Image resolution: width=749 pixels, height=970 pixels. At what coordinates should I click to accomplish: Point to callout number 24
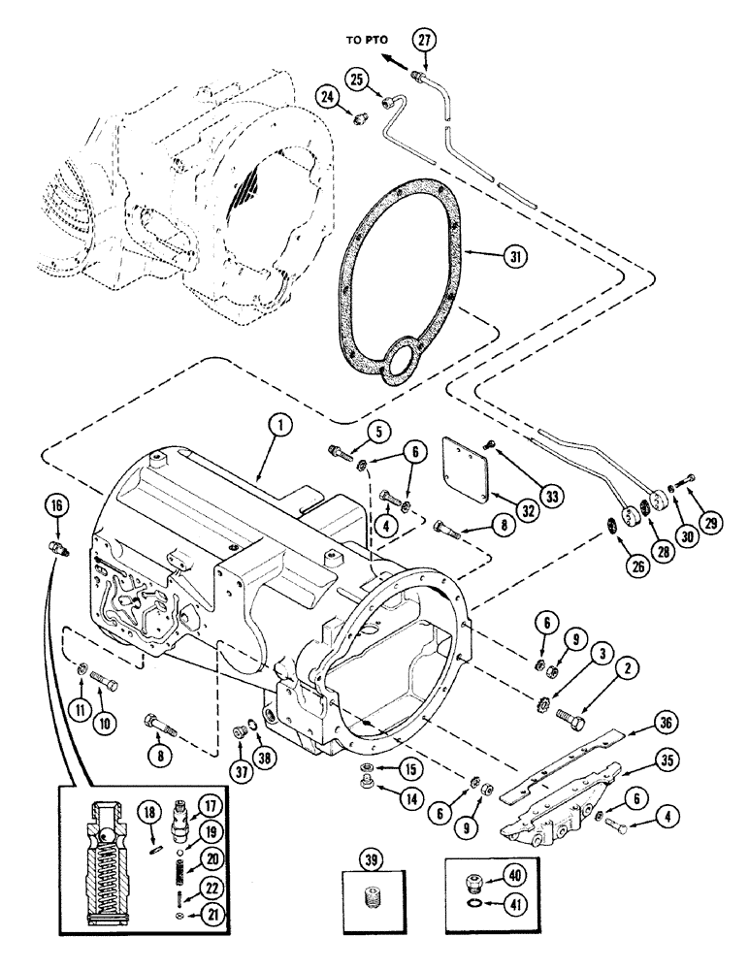[325, 96]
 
